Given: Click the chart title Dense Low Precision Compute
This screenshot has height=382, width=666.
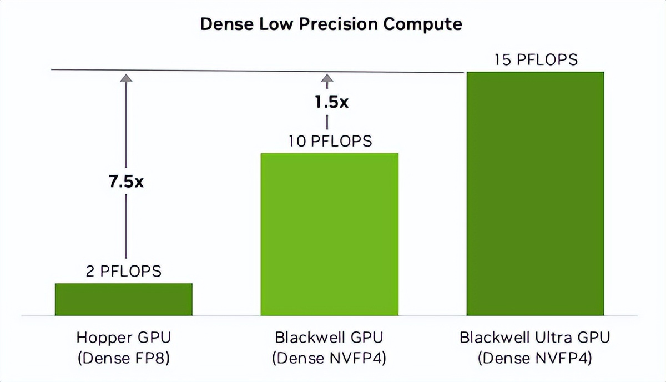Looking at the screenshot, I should point(331,24).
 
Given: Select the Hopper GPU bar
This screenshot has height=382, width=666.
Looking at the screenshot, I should point(123,299).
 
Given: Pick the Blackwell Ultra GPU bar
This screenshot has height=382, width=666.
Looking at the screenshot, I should point(535,194).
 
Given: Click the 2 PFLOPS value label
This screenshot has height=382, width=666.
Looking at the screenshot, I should point(123,271).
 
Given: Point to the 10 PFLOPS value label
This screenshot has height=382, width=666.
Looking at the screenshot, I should point(330,141).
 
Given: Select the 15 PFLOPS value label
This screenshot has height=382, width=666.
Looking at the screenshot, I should point(536,59).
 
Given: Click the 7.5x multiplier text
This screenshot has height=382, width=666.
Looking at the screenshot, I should point(125,182).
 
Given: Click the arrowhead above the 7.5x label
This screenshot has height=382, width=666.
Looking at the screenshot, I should point(127,79).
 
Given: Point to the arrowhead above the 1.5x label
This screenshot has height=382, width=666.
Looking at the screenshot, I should point(327,79).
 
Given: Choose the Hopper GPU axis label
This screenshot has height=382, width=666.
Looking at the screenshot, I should point(123,338).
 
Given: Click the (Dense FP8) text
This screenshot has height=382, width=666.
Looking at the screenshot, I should point(123,358).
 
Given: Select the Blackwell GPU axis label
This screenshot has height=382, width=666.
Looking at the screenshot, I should point(329,338).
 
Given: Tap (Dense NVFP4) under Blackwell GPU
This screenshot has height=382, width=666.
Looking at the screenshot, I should point(329,358).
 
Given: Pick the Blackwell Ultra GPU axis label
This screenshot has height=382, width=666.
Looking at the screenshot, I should point(534,338).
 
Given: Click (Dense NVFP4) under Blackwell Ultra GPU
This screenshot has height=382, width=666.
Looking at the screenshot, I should point(534,358).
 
